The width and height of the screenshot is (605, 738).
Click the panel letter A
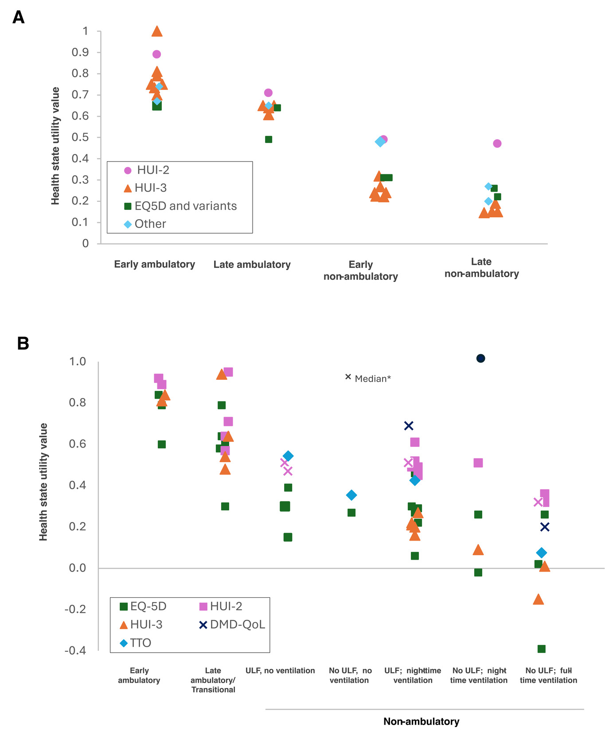[x=18, y=17]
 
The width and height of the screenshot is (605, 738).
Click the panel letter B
[x=23, y=343]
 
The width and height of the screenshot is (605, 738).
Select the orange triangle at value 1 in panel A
[x=157, y=31]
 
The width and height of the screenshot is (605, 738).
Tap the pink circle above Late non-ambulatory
[x=497, y=143]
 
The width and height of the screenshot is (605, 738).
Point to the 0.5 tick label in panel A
[x=80, y=137]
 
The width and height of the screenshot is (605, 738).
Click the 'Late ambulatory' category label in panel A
[x=252, y=265]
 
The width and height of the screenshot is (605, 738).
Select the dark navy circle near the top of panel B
[x=480, y=358]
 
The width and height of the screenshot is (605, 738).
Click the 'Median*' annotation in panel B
[x=372, y=379]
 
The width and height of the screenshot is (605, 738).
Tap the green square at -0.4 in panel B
[x=541, y=649]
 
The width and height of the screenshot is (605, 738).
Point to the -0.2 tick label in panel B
[x=75, y=609]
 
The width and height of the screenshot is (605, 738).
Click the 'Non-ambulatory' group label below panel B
[x=421, y=722]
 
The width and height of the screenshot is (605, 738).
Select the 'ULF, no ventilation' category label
[x=280, y=671]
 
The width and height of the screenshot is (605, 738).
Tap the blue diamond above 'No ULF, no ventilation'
[x=351, y=495]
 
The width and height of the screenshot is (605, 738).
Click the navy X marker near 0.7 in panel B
[x=409, y=426]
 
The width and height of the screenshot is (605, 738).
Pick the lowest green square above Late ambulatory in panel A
[x=268, y=139]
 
